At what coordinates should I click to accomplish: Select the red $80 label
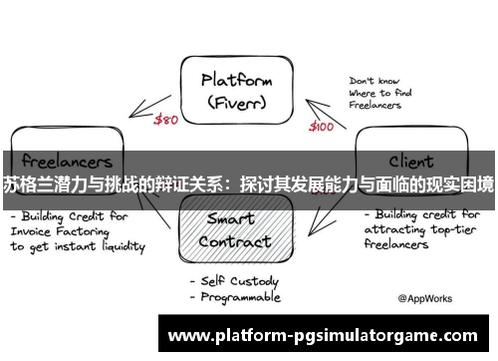click(167, 121)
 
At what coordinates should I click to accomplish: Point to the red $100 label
click(321, 127)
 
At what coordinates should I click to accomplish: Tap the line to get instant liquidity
click(78, 245)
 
